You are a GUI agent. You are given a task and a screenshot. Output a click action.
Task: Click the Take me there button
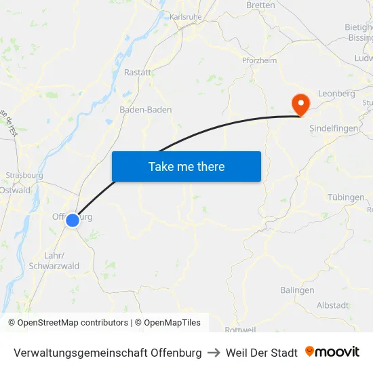pyautogui.click(x=186, y=166)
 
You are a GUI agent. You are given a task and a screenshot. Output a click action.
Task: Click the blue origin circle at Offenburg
pyautogui.click(x=73, y=219)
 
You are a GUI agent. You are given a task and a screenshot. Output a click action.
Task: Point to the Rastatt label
pyautogui.click(x=138, y=72)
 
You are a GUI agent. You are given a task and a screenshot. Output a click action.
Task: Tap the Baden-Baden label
pyautogui.click(x=146, y=110)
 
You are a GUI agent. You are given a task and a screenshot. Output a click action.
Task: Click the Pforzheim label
pyautogui.click(x=259, y=60)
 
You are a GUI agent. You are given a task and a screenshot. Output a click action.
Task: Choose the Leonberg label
pyautogui.click(x=332, y=93)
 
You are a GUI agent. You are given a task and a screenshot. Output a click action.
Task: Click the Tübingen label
pyautogui.click(x=346, y=197)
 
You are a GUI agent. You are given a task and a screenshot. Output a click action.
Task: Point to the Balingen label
pyautogui.click(x=297, y=290)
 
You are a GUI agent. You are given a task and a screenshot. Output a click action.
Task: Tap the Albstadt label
pyautogui.click(x=332, y=305)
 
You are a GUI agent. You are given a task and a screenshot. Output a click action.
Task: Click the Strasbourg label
pyautogui.click(x=24, y=175)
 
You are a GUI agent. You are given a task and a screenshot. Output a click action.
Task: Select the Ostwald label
pyautogui.click(x=15, y=191)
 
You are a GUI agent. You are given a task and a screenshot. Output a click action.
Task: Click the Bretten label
pyautogui.click(x=261, y=5)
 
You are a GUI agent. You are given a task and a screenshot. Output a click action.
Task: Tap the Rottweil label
pyautogui.click(x=240, y=330)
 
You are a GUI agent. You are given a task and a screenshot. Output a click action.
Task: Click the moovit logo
pyautogui.click(x=332, y=352)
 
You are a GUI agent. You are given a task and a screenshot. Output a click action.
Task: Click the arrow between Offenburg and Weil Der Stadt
pyautogui.click(x=214, y=353)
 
